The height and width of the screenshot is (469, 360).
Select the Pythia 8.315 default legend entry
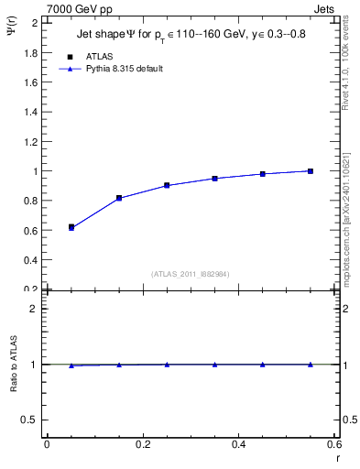(x=125, y=69)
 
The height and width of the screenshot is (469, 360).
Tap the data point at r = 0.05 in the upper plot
(x=71, y=226)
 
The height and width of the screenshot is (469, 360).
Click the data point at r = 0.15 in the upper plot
(x=119, y=198)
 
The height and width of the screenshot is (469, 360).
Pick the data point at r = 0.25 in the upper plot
(x=167, y=185)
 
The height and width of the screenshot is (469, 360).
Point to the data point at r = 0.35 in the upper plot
(x=214, y=179)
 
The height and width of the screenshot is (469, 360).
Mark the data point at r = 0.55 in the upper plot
(x=311, y=171)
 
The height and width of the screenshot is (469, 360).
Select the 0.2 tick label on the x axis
(x=142, y=444)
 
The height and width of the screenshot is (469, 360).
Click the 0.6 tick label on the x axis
(x=333, y=444)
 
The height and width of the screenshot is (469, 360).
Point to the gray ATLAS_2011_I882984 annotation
(x=190, y=274)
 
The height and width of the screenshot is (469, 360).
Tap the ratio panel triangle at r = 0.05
(x=71, y=365)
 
